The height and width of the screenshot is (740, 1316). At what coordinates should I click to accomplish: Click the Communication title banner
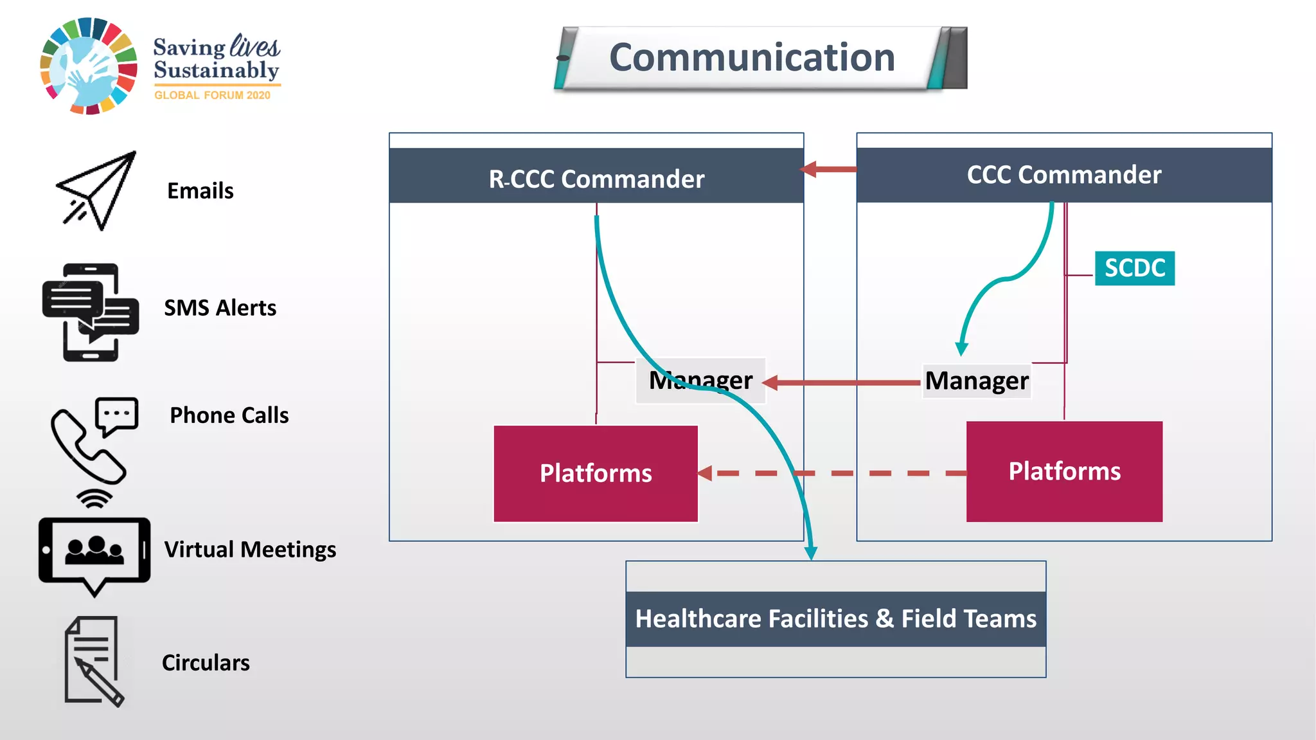tap(752, 58)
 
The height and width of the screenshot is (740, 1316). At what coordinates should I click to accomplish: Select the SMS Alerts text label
tap(220, 308)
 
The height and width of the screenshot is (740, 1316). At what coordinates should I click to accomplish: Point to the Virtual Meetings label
tap(250, 550)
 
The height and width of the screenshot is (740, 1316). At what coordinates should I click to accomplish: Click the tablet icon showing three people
tap(94, 552)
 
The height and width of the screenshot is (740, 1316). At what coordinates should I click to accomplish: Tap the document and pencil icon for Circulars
tap(93, 661)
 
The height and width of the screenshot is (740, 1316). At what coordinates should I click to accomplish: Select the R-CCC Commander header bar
tap(596, 178)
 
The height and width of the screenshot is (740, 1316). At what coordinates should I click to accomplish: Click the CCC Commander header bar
tap(1064, 175)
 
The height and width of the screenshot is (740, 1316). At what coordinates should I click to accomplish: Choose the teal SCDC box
tap(1135, 268)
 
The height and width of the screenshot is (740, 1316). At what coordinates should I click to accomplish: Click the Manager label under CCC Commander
tap(977, 381)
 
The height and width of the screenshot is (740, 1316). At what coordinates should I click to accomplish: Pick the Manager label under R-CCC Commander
tap(701, 381)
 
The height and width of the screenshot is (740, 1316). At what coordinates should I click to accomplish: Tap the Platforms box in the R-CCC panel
tap(596, 473)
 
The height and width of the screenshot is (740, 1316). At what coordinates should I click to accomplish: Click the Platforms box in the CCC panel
tap(1064, 471)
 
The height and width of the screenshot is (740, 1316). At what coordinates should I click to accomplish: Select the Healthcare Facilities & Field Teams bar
tap(835, 618)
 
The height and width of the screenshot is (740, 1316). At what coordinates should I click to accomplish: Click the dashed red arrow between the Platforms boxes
tap(835, 473)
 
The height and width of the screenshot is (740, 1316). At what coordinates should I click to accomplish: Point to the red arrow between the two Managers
tap(842, 383)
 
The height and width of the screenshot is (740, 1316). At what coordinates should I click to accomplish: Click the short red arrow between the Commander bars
tap(829, 170)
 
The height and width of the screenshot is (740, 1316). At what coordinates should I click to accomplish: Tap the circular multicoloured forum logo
tap(89, 66)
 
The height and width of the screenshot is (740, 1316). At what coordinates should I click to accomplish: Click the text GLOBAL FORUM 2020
tap(212, 95)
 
